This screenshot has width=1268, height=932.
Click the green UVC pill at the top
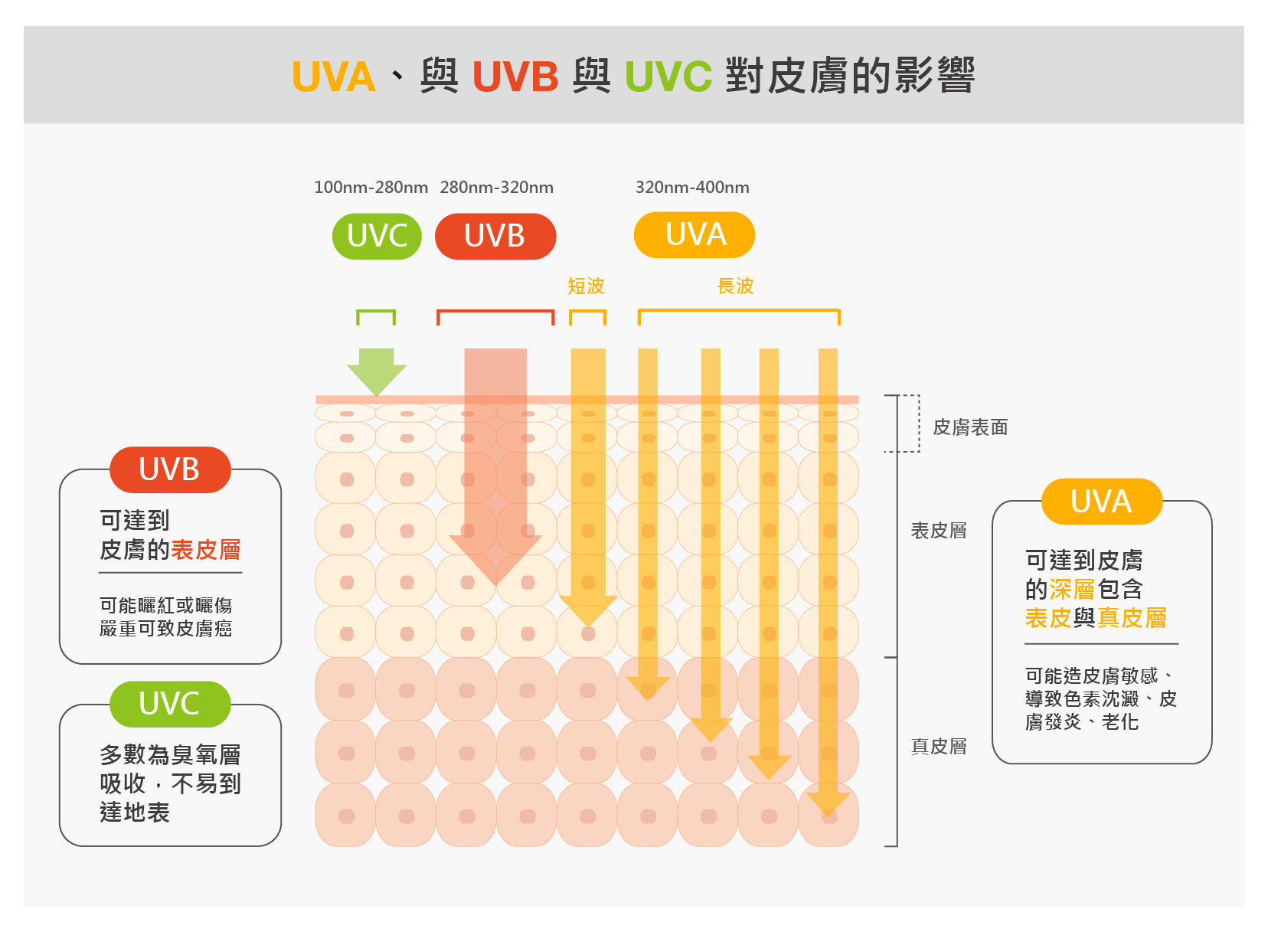377,236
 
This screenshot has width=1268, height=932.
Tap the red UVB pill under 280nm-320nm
495,236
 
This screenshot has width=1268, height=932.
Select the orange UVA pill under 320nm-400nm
694,234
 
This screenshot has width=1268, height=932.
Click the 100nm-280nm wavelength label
371,188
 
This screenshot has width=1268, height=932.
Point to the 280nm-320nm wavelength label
496,188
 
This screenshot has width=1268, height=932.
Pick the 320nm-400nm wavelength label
692,188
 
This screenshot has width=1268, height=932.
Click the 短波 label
586,286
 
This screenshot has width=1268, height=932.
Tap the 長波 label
735,286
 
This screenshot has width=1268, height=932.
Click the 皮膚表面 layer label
970,427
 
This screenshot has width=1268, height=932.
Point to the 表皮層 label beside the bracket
939,531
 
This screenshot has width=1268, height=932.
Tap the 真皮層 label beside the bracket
939,747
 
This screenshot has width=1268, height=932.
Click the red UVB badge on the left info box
170,469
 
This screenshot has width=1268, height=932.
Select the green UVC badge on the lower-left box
170,704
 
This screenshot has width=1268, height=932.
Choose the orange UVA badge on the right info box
1101,502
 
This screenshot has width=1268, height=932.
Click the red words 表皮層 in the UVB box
205,550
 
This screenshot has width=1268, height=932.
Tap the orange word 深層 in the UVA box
1072,590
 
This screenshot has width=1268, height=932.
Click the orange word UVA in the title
334,77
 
